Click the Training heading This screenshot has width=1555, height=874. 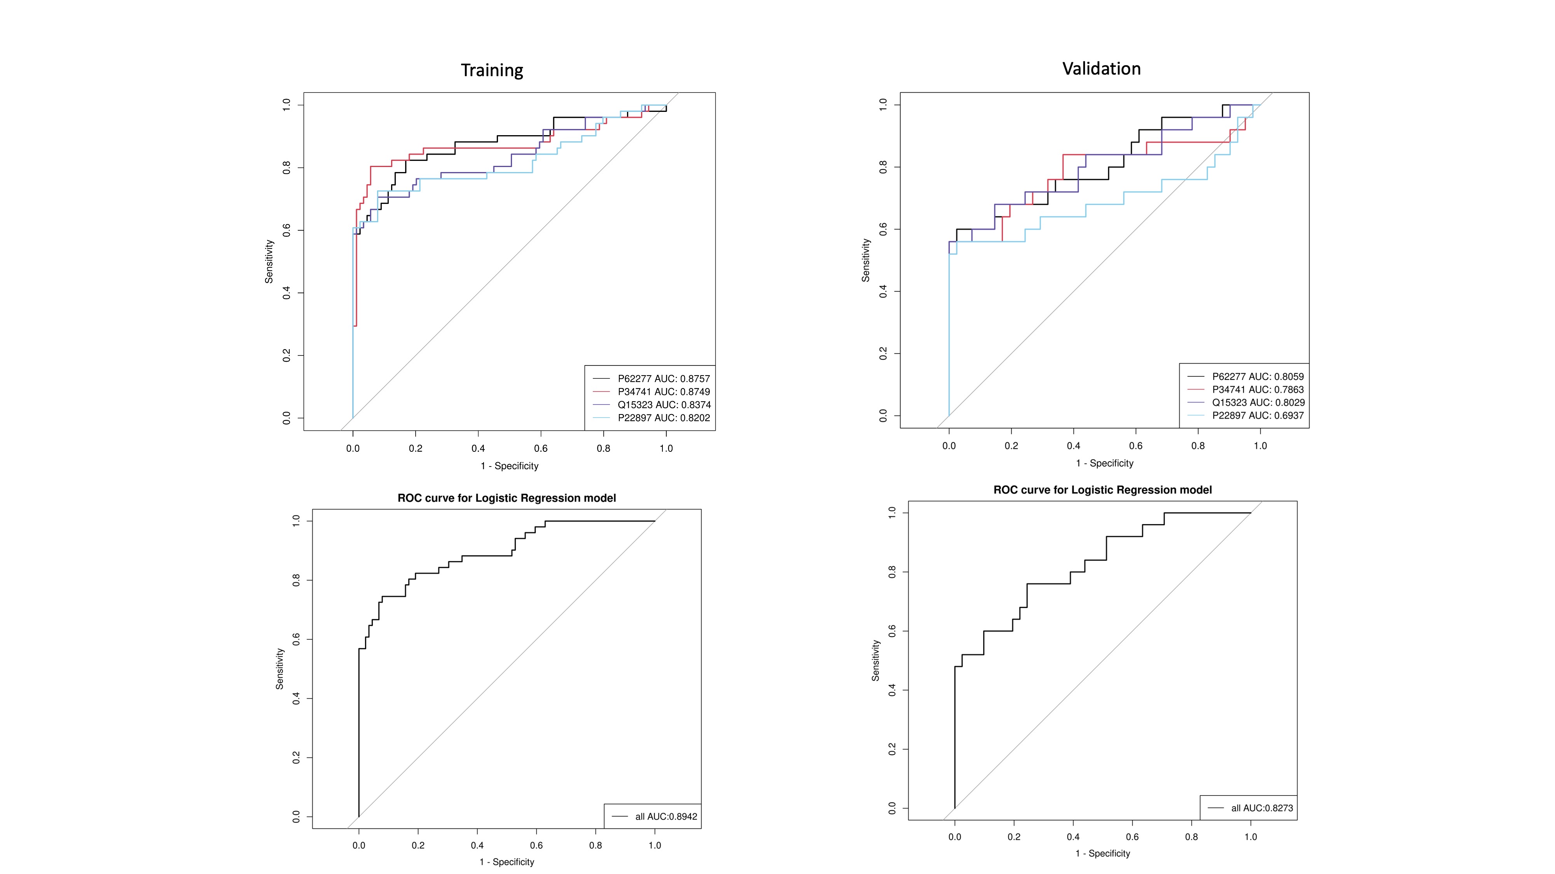click(492, 71)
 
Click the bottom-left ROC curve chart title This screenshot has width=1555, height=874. click(507, 498)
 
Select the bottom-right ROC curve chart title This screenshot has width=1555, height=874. click(1102, 490)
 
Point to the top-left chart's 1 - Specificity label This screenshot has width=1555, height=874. click(510, 466)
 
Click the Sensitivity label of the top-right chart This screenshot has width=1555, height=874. click(866, 260)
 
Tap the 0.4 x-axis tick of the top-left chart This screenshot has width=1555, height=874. click(478, 448)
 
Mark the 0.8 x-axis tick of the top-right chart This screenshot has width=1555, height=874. click(1198, 446)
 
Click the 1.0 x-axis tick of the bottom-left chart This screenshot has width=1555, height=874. click(654, 845)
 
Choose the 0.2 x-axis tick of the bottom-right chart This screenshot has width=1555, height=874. click(1013, 837)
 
